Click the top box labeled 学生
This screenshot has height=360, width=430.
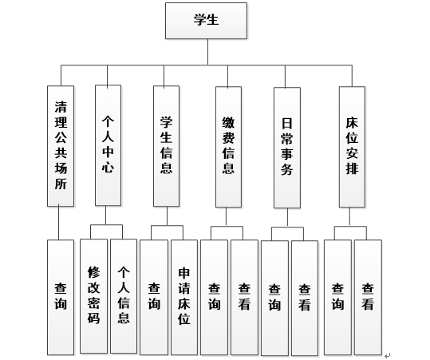pos(206,21)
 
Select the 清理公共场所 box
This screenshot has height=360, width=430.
pos(61,146)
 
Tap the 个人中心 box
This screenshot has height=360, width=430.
pos(108,145)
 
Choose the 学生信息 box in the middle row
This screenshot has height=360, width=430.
pos(166,146)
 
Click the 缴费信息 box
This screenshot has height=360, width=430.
pos(228,147)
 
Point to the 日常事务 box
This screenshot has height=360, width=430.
pos(287,148)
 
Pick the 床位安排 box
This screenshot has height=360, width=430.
pos(352,147)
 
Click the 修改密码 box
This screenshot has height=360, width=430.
pos(93,296)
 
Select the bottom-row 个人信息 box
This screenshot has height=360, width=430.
pos(124,296)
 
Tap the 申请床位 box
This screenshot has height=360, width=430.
pos(184,298)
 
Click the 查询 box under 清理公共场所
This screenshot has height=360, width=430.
pos(61,298)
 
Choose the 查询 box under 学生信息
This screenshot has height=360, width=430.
pos(154,298)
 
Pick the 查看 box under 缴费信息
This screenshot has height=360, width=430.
pos(244,298)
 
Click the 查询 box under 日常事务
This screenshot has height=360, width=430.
pos(274,299)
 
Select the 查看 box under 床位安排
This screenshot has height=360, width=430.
pos(368,298)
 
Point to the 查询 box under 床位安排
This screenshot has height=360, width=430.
pos(337,298)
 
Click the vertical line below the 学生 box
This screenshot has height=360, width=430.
pos(207,52)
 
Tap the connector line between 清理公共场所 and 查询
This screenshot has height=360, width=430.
pos(59,223)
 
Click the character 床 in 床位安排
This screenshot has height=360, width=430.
pos(352,123)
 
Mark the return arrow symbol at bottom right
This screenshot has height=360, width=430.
pos(387,356)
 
